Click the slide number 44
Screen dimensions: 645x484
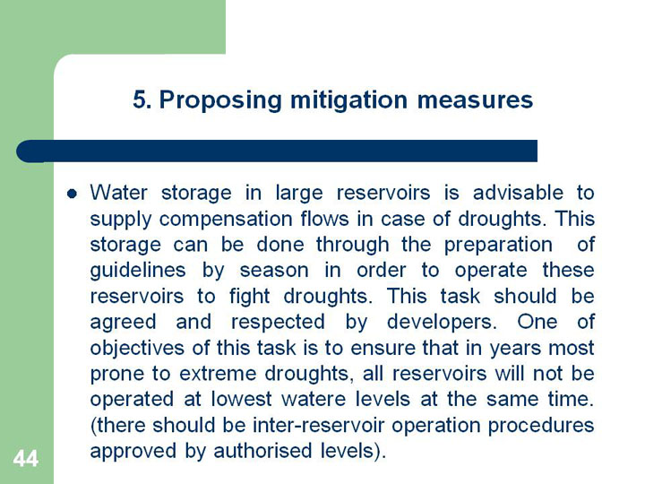pos(25,458)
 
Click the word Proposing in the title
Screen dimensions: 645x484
pos(220,100)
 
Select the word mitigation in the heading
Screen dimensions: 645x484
pos(348,100)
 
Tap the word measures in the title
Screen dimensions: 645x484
pos(475,100)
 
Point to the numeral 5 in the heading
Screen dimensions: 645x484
pos(140,100)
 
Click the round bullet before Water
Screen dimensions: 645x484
pos(72,194)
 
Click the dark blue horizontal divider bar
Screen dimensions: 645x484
pos(277,151)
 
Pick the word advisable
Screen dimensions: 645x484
pos(518,193)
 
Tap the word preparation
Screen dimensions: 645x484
pos(499,246)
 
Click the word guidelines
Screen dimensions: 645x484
pos(138,272)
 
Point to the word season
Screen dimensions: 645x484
pos(274,272)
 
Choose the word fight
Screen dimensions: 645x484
pos(249,298)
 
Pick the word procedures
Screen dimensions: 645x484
pos(541,426)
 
